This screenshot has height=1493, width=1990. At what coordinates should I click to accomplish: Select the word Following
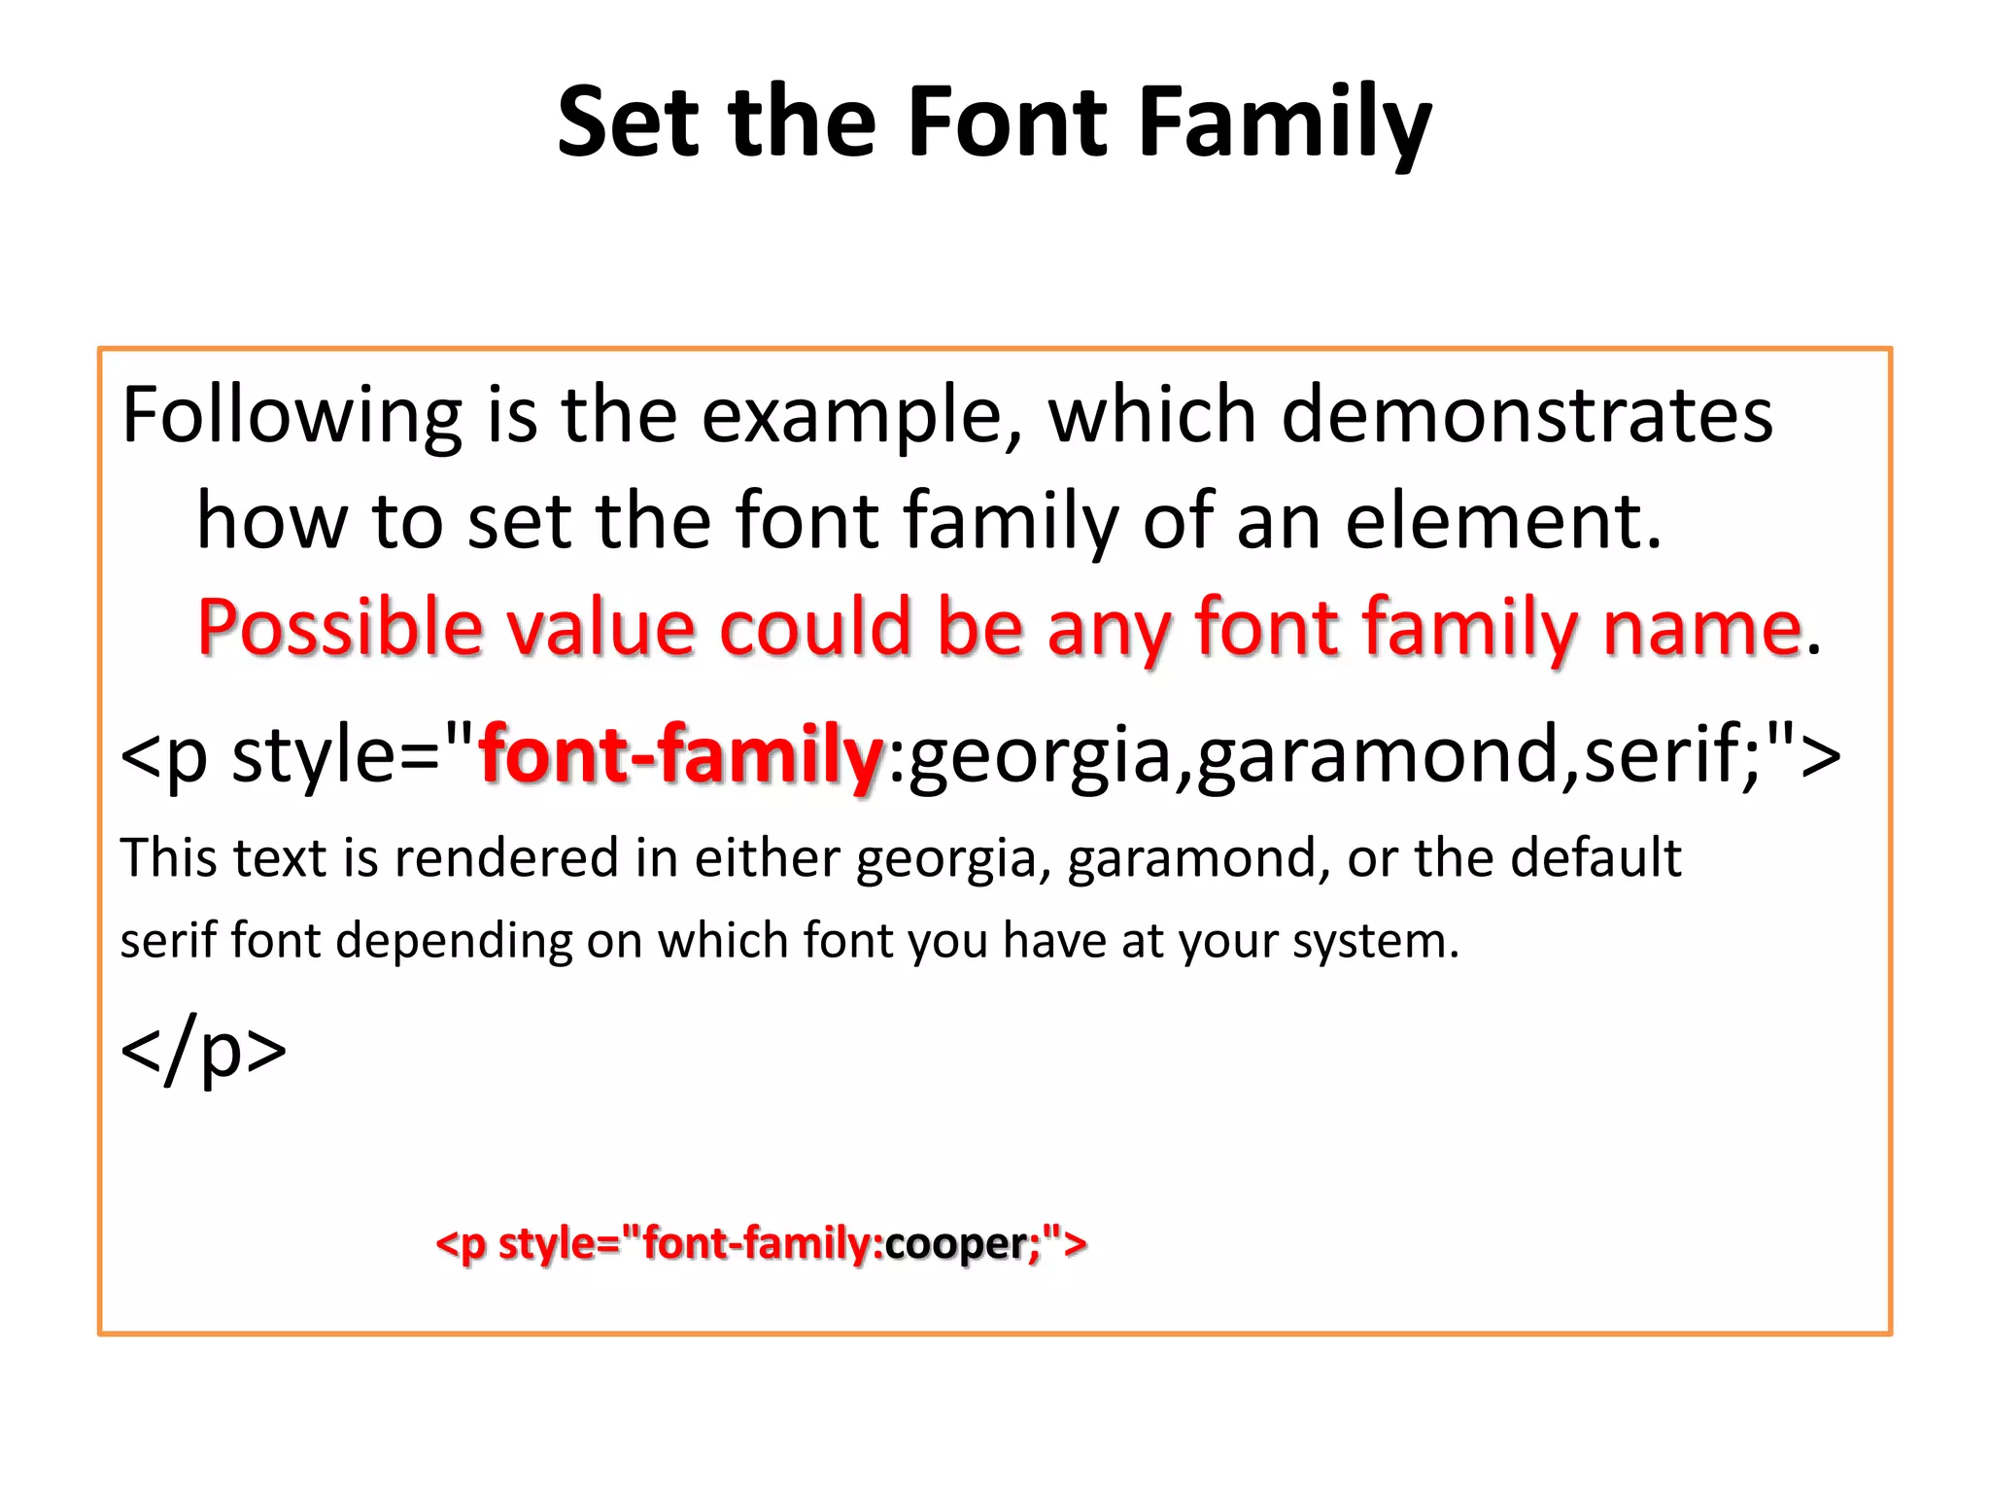coord(292,416)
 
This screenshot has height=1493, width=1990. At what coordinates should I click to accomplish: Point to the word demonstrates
coord(1527,416)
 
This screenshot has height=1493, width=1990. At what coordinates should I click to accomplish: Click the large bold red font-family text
coord(680,755)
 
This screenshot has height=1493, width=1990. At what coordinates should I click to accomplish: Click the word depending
coord(454,941)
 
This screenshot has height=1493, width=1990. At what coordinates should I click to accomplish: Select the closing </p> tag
coord(203,1050)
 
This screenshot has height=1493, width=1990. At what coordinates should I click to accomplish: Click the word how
coord(272,521)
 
